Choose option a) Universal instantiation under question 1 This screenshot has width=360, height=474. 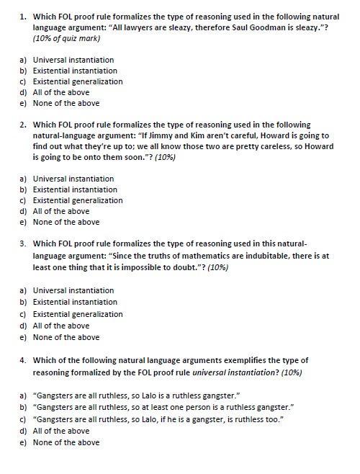[x=73, y=60]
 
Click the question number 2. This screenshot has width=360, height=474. [x=24, y=125]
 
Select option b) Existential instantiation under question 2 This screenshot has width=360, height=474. [x=75, y=189]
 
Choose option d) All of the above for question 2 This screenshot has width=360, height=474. [x=61, y=211]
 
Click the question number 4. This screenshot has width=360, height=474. [x=24, y=359]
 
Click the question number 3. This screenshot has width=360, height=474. [x=24, y=243]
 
